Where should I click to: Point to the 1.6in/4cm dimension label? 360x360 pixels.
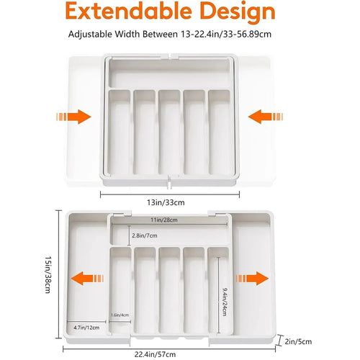click(x=120, y=315)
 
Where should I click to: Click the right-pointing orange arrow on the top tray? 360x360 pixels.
click(x=76, y=117)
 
